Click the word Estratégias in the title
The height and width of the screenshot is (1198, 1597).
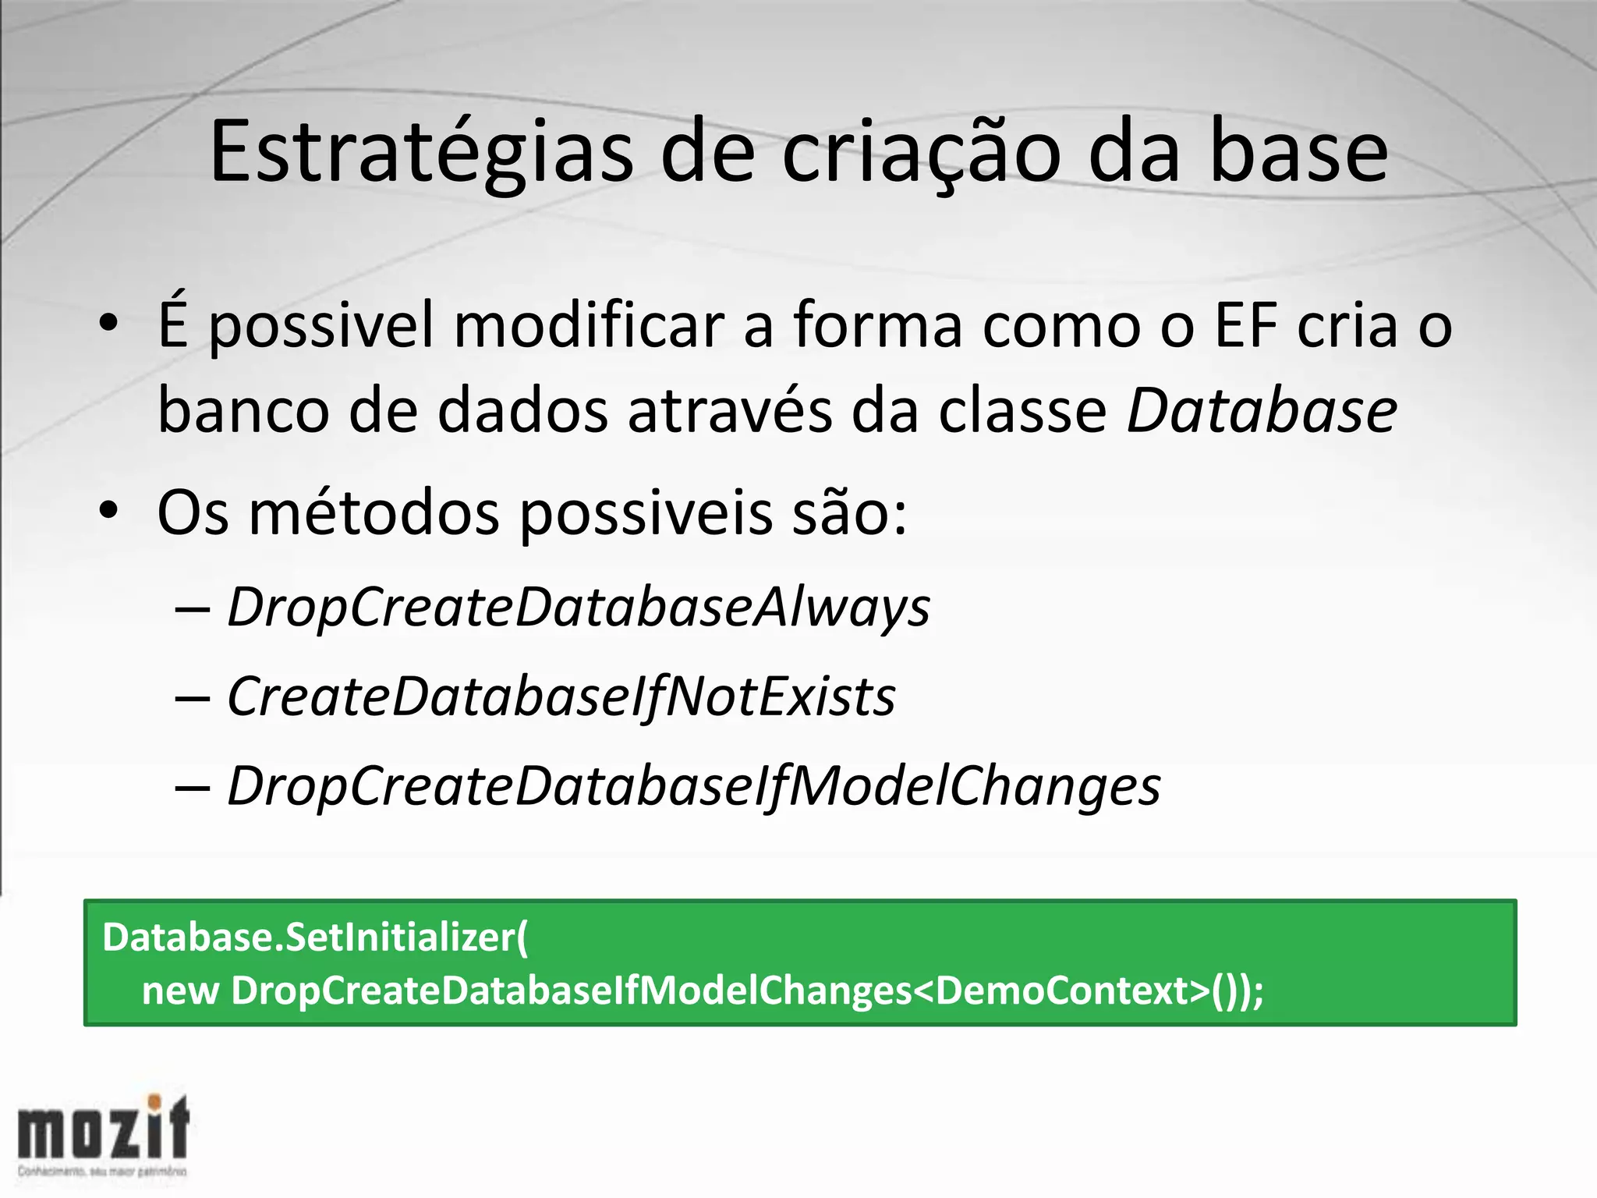[x=421, y=153]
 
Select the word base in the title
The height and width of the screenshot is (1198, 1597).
[x=1298, y=153]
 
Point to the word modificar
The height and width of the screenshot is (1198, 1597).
[x=589, y=325]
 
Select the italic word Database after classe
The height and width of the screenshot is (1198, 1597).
[x=1261, y=411]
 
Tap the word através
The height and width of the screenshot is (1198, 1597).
[x=729, y=411]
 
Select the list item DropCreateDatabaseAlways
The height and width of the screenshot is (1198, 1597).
[x=578, y=608]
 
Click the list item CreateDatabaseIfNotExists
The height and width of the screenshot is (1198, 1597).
[x=561, y=696]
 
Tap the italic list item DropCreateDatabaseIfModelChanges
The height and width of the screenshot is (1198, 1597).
[x=693, y=786]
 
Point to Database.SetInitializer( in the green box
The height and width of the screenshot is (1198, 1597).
[x=315, y=937]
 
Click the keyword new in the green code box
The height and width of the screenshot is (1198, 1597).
[x=179, y=991]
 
